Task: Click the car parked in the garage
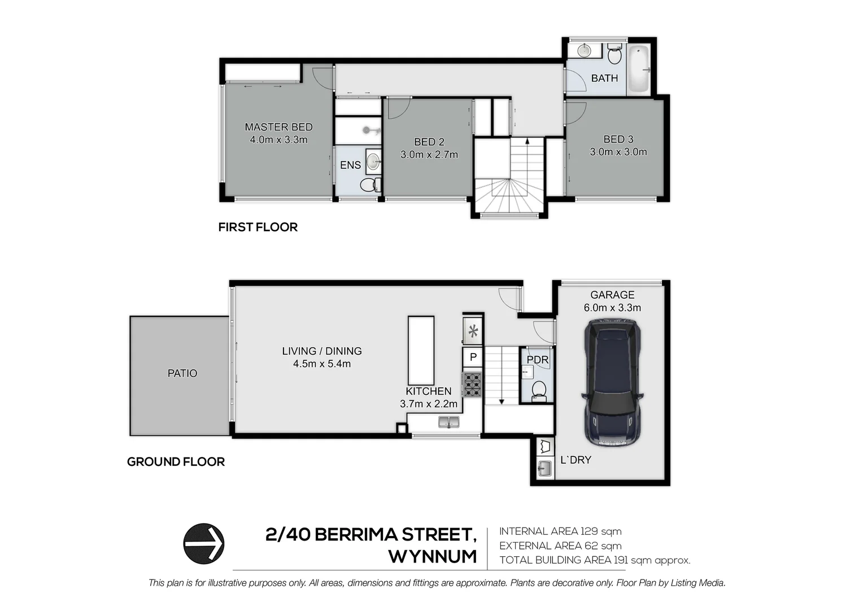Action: [613, 383]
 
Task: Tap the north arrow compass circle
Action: [204, 543]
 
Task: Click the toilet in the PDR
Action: [539, 390]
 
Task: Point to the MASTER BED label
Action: [278, 127]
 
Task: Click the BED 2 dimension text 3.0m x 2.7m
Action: [429, 155]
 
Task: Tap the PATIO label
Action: [182, 373]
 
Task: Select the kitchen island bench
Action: [421, 350]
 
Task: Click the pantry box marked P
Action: [473, 357]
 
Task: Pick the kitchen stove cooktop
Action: [472, 384]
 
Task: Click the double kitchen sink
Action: [450, 421]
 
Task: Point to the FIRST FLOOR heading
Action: [258, 227]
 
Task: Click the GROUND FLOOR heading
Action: [176, 462]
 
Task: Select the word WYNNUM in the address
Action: [433, 557]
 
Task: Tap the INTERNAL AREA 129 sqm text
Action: [560, 531]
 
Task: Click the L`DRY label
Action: [576, 460]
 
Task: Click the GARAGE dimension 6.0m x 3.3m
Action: [612, 308]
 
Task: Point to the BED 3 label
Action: [618, 139]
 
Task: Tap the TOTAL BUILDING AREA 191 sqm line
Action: [595, 560]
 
